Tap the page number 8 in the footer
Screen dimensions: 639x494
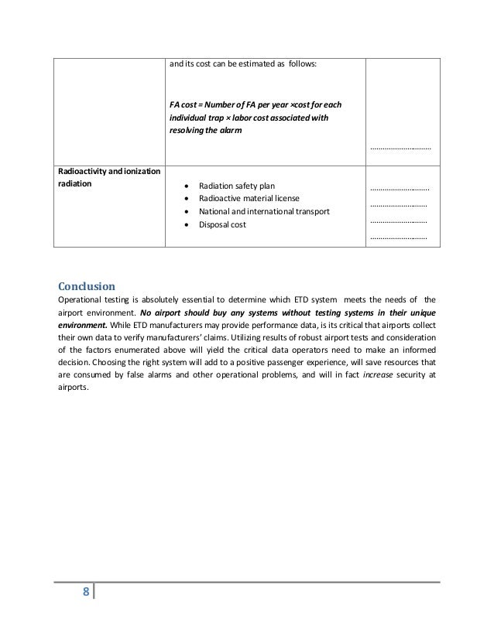click(x=85, y=593)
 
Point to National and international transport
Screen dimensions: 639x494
click(x=264, y=211)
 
